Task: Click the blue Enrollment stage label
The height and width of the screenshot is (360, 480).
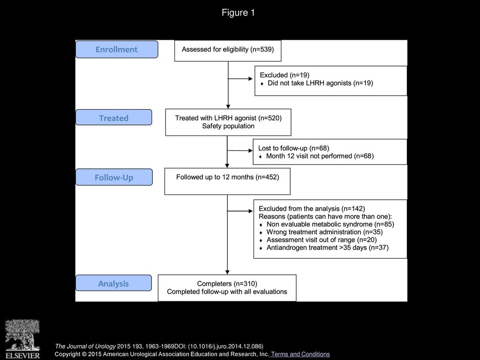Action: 117,49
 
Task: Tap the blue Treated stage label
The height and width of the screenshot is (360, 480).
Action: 113,118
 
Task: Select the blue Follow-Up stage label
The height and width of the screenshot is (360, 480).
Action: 114,177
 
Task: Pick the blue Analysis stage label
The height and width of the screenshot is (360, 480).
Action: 113,283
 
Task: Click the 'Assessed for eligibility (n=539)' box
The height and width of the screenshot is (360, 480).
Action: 228,51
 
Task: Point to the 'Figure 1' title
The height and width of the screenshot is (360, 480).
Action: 238,13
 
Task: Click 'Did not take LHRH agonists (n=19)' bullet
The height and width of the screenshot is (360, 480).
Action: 320,83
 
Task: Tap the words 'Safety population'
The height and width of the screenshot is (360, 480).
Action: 228,126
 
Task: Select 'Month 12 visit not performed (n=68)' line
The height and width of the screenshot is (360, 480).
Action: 320,156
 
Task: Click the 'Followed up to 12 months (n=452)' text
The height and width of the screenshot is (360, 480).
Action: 227,177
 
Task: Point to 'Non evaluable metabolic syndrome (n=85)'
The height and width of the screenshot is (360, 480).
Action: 330,224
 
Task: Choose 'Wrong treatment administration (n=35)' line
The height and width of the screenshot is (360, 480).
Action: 324,232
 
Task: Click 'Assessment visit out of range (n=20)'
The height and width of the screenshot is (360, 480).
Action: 322,240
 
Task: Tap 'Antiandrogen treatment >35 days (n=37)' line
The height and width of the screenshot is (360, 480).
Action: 328,247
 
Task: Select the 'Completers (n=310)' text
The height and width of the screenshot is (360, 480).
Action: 227,284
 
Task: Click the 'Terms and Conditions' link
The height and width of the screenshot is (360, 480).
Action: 300,354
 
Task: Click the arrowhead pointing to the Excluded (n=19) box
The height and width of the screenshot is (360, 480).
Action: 250,79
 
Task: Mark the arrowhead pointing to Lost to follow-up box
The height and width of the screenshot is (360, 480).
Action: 250,150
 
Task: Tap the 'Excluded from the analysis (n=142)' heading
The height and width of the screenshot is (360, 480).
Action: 312,209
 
